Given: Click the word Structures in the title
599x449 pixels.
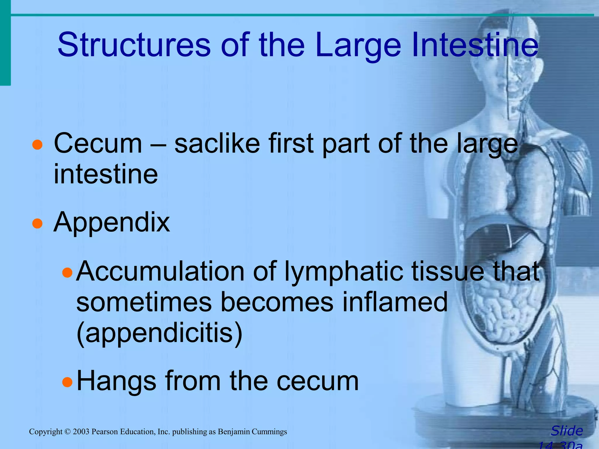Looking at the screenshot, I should [x=134, y=44].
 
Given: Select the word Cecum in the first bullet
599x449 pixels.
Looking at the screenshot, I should [x=98, y=143].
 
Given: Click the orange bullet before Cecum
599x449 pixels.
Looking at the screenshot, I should [x=37, y=145].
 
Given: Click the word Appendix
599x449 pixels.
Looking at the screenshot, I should [x=111, y=222].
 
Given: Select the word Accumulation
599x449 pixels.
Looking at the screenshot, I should [x=160, y=271].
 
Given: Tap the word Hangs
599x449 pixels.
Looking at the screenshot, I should [x=116, y=381].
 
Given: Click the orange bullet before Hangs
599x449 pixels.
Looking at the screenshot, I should [x=67, y=382].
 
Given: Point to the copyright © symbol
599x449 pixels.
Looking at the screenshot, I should [x=68, y=432].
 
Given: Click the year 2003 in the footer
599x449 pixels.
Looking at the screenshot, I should [x=81, y=432].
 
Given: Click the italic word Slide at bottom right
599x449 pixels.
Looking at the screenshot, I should [x=567, y=431].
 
